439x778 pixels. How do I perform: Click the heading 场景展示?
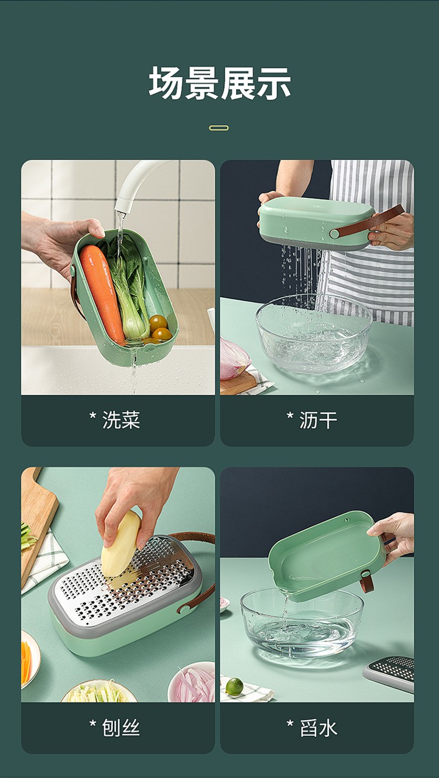click(220, 84)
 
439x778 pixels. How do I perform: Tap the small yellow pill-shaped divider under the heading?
click(219, 128)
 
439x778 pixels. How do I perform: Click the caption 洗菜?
click(121, 420)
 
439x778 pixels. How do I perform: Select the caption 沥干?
click(318, 420)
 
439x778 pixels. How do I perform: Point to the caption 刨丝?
click(121, 728)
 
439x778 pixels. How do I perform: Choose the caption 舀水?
click(318, 728)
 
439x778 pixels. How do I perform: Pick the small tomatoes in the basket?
click(160, 328)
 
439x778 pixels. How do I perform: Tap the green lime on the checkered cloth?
click(235, 687)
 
